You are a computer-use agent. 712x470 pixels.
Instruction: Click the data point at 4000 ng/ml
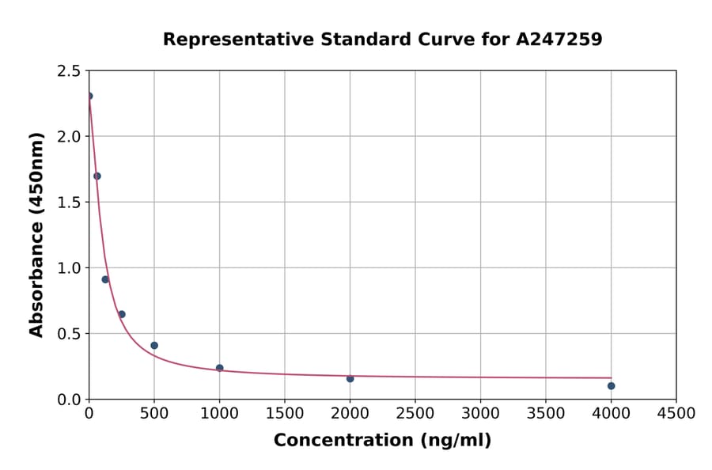[611, 386]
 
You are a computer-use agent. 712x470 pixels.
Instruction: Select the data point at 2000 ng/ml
[350, 379]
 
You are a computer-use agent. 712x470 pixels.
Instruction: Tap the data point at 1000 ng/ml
[219, 368]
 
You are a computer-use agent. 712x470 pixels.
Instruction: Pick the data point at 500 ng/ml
[154, 346]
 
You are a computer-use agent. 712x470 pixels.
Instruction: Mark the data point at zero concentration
[89, 97]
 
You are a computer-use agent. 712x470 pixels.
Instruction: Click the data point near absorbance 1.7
[97, 176]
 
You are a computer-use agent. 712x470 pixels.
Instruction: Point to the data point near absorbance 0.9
[105, 279]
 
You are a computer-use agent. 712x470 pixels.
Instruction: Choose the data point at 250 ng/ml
[122, 314]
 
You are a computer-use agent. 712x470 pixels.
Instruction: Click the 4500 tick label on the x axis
[676, 414]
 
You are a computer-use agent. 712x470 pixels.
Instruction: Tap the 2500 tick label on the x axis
[415, 414]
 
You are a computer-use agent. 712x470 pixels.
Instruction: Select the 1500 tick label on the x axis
[284, 414]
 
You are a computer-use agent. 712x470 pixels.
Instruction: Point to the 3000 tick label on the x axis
[480, 414]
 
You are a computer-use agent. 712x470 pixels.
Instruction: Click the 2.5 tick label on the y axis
[70, 71]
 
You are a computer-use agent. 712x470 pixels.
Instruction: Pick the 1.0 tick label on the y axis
[70, 268]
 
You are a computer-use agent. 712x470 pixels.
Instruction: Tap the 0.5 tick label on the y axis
[70, 334]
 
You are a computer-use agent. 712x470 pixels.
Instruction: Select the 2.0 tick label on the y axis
[70, 137]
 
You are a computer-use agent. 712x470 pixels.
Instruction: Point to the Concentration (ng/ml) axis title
[382, 441]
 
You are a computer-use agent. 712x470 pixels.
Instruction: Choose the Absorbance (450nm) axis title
[36, 234]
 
